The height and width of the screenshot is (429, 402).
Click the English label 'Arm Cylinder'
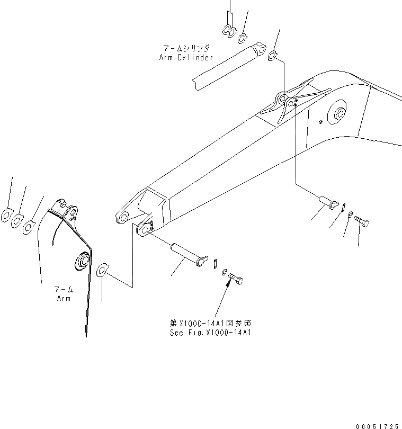(186, 57)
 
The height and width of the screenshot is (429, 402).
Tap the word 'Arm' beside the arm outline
(64, 298)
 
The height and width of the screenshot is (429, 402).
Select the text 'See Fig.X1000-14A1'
(210, 333)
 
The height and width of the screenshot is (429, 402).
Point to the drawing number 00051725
(378, 425)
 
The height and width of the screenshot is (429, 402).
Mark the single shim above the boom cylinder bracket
(271, 55)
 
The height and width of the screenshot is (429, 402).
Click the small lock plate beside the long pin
(216, 263)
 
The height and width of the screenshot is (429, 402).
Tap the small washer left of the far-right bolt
(350, 213)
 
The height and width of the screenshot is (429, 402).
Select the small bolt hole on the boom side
(321, 122)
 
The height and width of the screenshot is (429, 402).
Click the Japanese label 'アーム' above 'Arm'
(64, 290)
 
